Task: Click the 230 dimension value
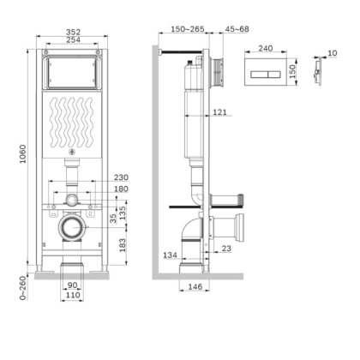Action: (120, 177)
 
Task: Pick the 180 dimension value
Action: (120, 189)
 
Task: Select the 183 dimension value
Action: (122, 245)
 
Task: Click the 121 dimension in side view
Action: (219, 112)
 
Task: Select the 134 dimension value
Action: (171, 254)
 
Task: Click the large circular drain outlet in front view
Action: (71, 229)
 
